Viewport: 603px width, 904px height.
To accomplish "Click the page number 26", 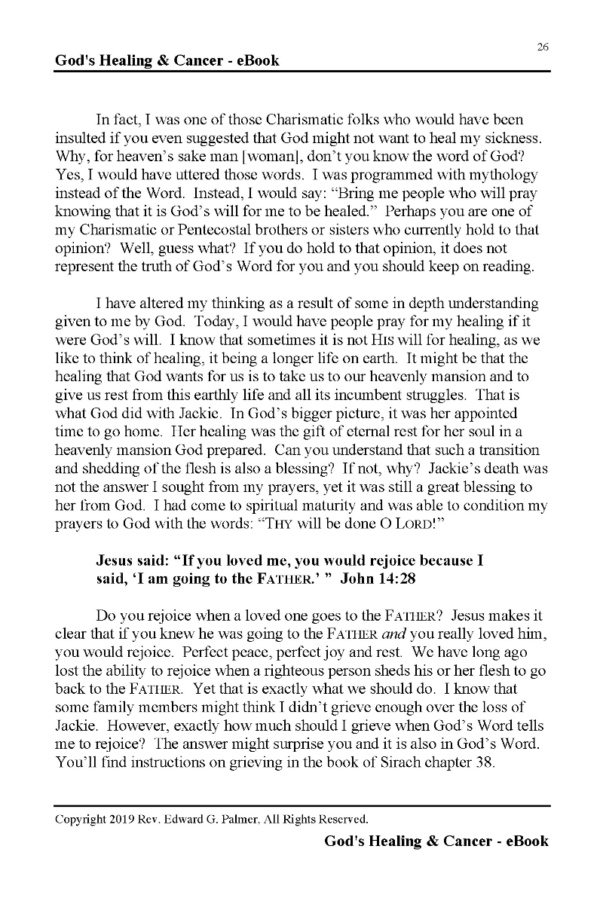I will tap(543, 47).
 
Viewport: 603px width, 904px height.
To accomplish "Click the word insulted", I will tap(81, 138).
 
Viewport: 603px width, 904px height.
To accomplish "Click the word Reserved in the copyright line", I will tap(343, 818).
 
